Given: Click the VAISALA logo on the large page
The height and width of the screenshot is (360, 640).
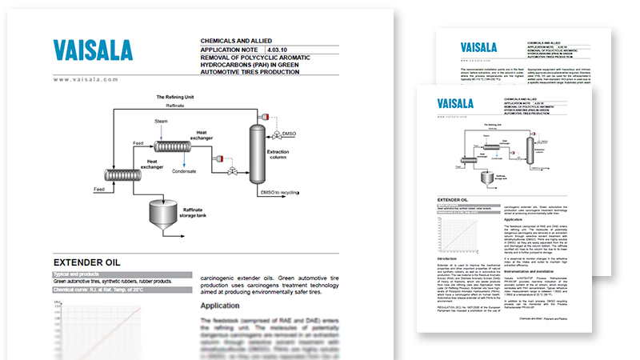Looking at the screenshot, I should (x=93, y=50).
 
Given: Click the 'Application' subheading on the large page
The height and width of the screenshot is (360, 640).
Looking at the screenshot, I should (x=226, y=305).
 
